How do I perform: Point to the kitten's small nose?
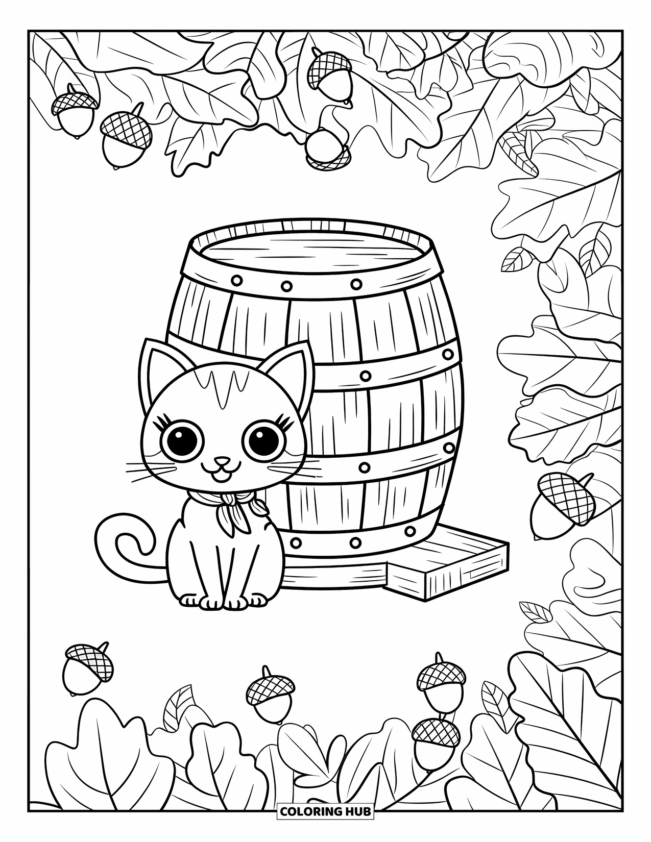(221, 461)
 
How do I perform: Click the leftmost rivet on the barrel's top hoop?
(237, 280)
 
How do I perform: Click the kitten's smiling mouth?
(222, 472)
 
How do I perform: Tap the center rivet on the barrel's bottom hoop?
(356, 542)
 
